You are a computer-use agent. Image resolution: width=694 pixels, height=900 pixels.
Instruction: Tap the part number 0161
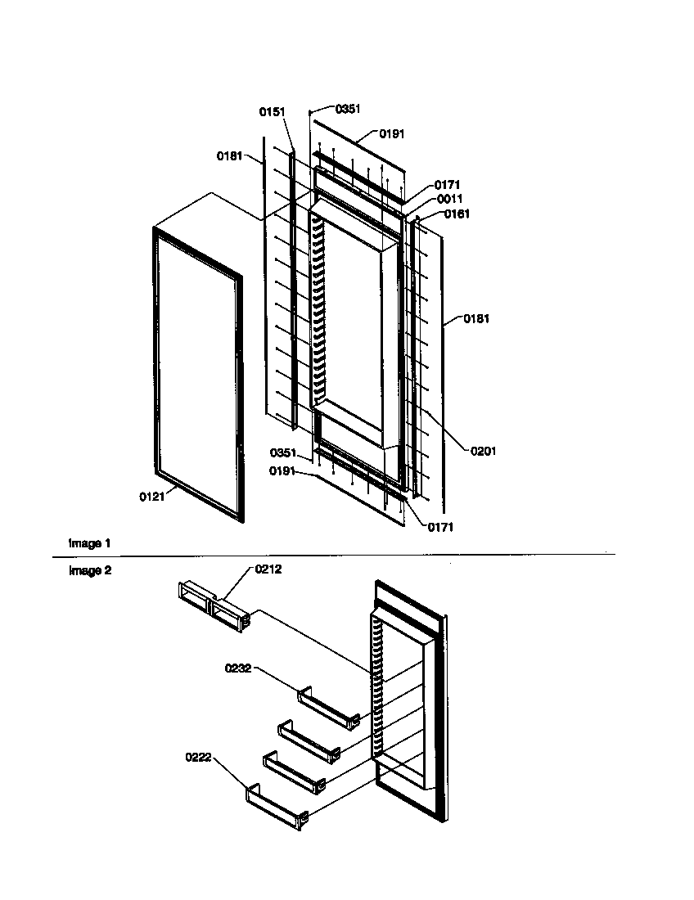pos(457,214)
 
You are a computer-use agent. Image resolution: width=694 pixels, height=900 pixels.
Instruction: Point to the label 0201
pos(483,451)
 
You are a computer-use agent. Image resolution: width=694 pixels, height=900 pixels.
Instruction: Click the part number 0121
pos(151,497)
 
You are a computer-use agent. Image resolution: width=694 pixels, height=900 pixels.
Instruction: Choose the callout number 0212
pos(268,569)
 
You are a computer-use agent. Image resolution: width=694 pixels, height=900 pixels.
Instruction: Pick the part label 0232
pos(238,668)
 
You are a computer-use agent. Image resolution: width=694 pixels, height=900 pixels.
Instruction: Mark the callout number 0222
pos(199,758)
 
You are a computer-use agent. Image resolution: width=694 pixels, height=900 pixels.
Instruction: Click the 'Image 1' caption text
pos(89,543)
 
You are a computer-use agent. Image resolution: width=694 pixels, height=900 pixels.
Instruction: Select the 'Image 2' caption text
pos(89,571)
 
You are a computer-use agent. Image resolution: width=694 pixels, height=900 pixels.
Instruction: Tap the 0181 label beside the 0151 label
pos(229,155)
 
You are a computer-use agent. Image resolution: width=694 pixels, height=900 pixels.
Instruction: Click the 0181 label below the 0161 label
pos(476,318)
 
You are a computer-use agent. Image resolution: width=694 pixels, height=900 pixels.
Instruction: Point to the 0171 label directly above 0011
pos(447,185)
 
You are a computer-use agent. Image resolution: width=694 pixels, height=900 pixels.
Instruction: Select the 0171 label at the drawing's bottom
pos(439,528)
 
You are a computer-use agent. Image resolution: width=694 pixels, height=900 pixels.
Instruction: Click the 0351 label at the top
pos(348,108)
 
